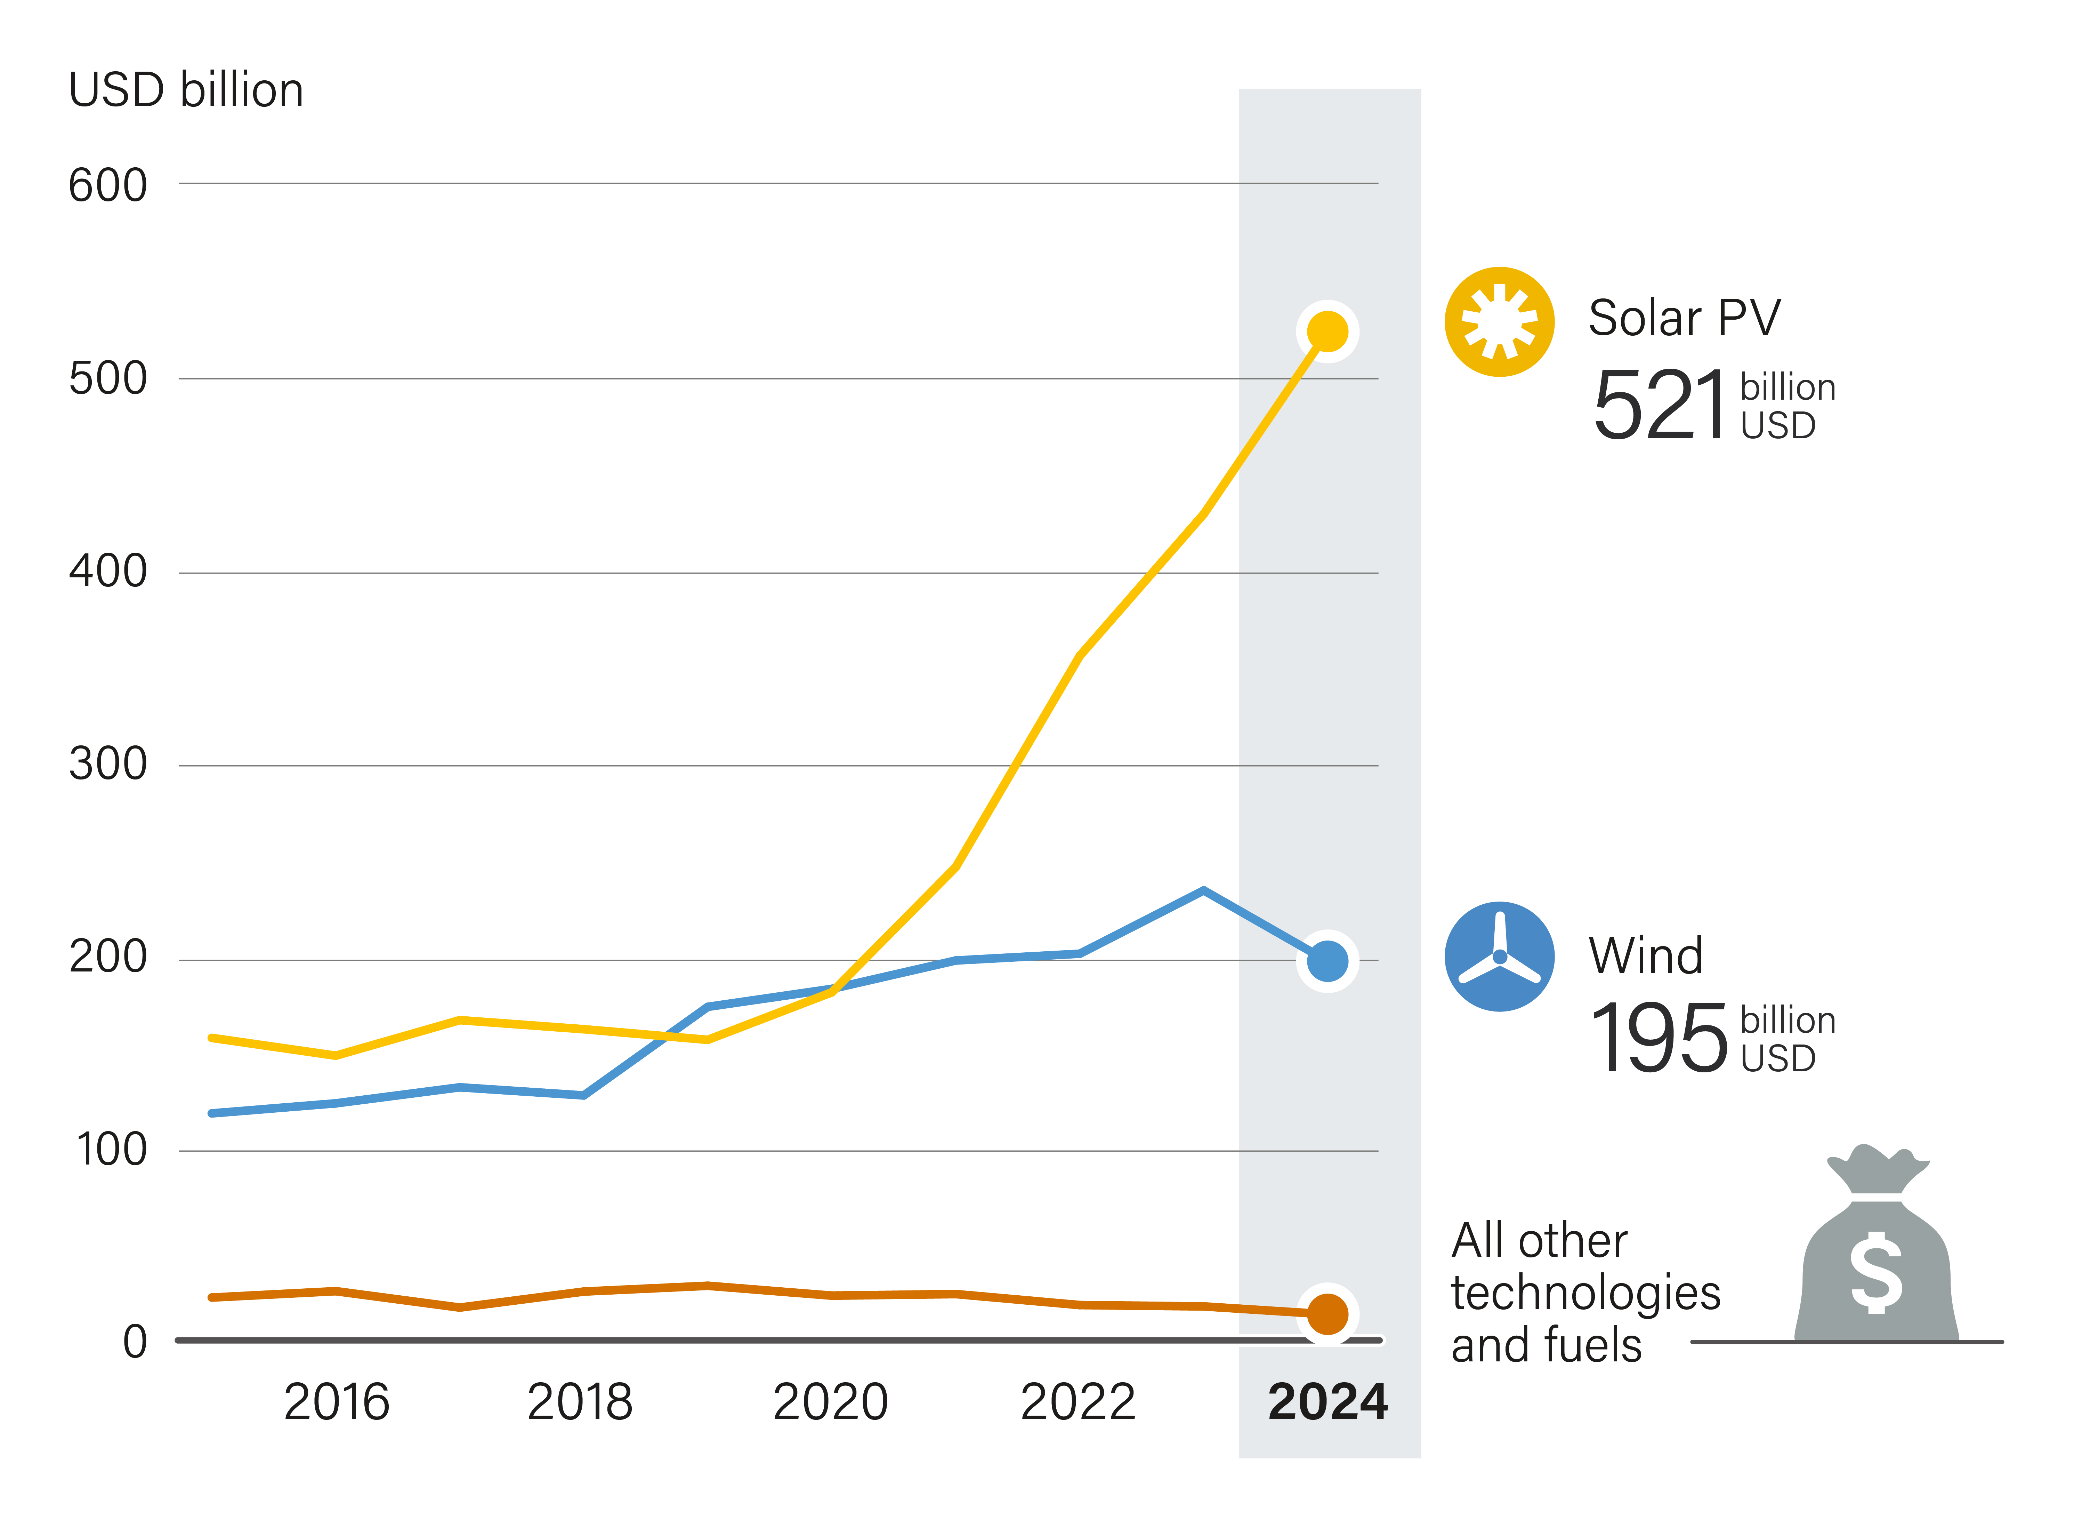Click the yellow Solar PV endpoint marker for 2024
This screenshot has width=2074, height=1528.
pyautogui.click(x=1327, y=331)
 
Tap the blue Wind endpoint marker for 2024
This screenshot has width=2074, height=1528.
pyautogui.click(x=1327, y=961)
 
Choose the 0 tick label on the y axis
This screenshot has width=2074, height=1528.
pyautogui.click(x=135, y=1341)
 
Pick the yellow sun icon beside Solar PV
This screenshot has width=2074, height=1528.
pyautogui.click(x=1499, y=322)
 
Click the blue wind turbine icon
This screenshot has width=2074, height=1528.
pyautogui.click(x=1499, y=957)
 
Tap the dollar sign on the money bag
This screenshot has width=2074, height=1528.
pyautogui.click(x=1876, y=1273)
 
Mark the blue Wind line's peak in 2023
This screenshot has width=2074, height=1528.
pyautogui.click(x=1203, y=891)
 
